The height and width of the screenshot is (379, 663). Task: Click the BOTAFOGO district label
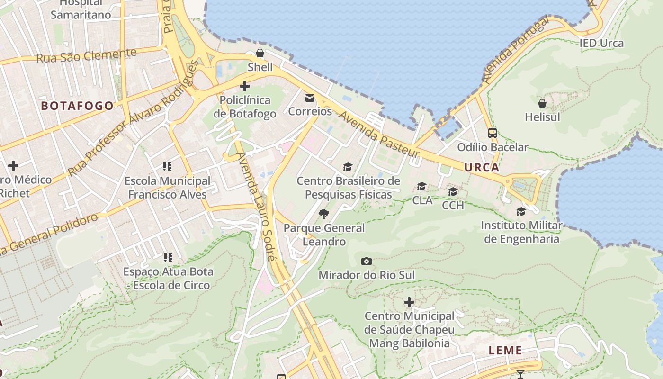(77, 106)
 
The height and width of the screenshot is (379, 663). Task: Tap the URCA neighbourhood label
(482, 167)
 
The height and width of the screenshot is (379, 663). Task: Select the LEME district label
(505, 351)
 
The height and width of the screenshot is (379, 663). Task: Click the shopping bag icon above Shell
(260, 53)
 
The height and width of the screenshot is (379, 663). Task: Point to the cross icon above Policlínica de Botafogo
(245, 86)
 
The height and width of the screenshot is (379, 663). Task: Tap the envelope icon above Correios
(310, 98)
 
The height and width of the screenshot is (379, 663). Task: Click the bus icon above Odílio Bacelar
(493, 133)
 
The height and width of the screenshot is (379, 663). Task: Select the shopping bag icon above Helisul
(542, 103)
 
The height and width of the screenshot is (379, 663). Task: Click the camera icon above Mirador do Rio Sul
(366, 261)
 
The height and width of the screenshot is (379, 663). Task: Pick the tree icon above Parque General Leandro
(324, 214)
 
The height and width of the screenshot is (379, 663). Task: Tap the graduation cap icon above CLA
(421, 187)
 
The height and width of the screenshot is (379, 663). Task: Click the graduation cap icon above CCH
(453, 191)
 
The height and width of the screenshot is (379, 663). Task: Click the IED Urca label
(601, 43)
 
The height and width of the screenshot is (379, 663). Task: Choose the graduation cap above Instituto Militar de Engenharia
(521, 211)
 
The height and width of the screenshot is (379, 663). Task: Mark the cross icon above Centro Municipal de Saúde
(409, 302)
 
